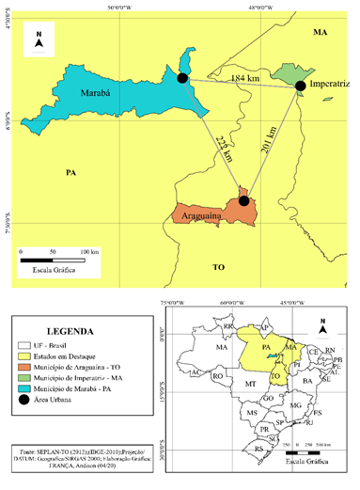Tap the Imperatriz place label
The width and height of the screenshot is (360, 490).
pyautogui.click(x=329, y=86)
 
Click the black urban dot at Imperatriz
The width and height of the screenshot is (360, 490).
pyautogui.click(x=300, y=87)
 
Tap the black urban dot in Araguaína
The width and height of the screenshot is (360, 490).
pyautogui.click(x=243, y=199)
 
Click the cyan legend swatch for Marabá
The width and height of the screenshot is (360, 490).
pyautogui.click(x=28, y=388)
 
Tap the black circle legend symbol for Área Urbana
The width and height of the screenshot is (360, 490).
pyautogui.click(x=28, y=400)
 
